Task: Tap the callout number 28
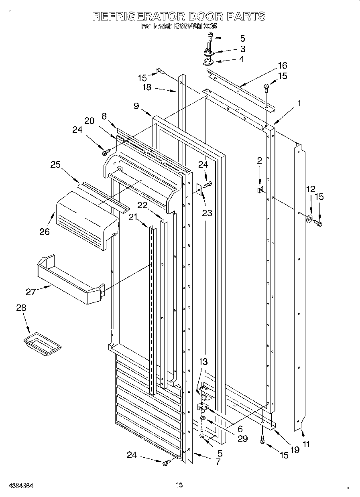click(x=21, y=308)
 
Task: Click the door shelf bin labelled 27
click(x=70, y=281)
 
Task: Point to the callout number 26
click(x=45, y=231)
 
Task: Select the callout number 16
click(x=283, y=65)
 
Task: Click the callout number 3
click(x=242, y=49)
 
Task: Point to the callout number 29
click(x=242, y=438)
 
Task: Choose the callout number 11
click(x=306, y=444)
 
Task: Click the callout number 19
click(x=295, y=450)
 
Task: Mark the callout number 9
click(x=136, y=106)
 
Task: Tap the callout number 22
click(x=143, y=205)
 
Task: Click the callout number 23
click(x=207, y=213)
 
